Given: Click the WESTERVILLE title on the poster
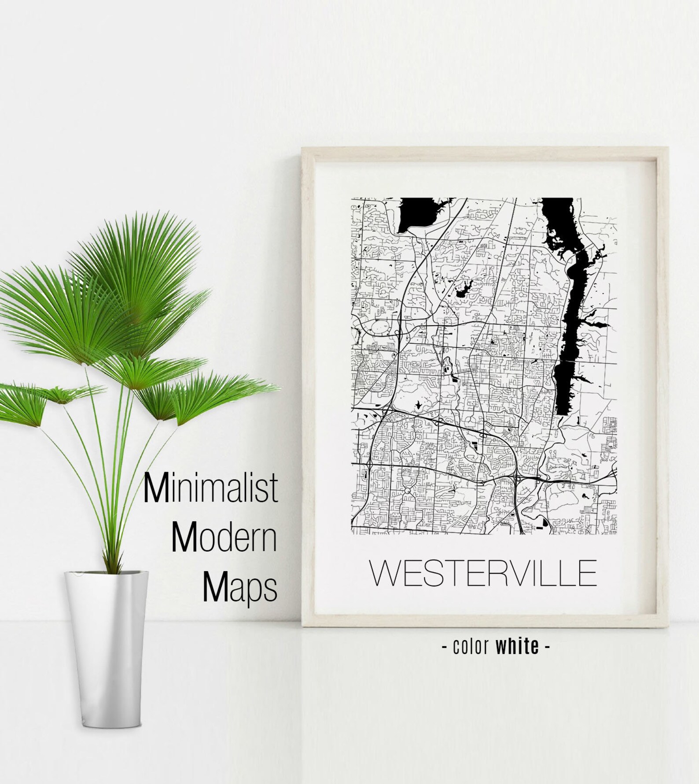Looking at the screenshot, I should [483, 573].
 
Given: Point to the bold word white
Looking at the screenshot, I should [517, 646].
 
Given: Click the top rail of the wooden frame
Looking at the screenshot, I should [484, 152].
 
